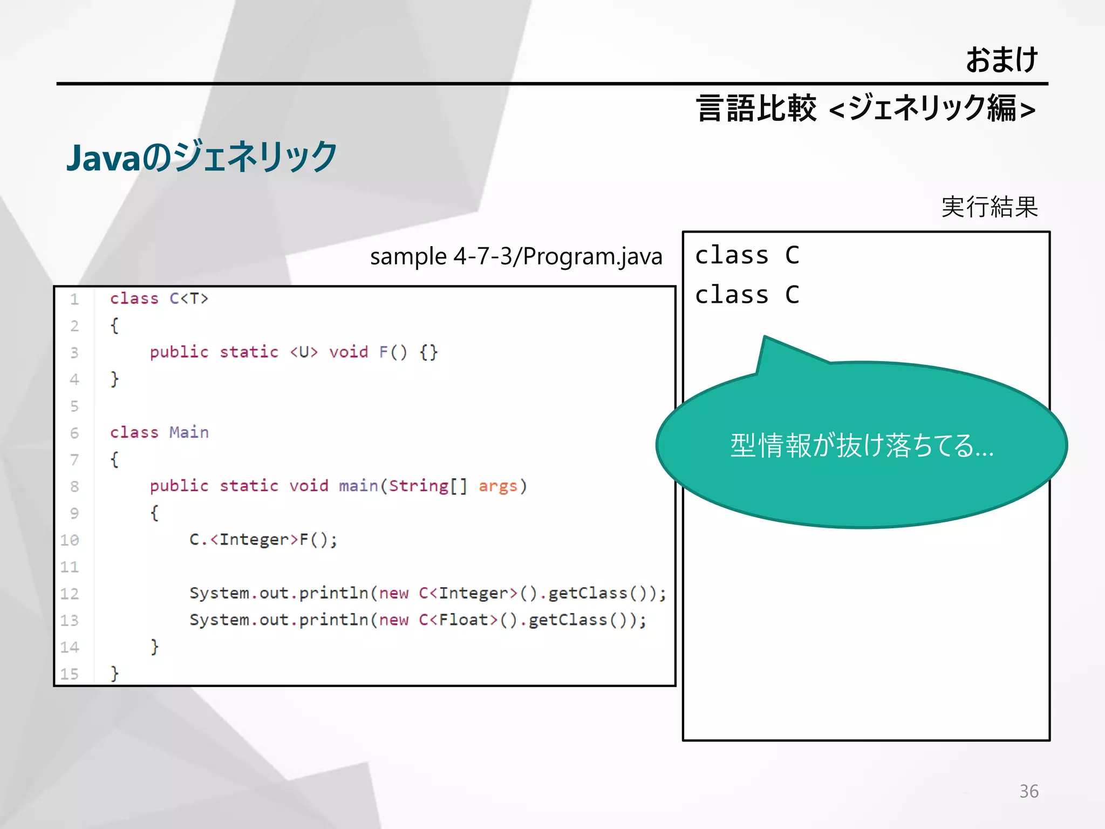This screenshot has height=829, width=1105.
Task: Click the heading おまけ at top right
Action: click(1001, 59)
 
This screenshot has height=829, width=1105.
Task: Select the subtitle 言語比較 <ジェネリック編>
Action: click(865, 108)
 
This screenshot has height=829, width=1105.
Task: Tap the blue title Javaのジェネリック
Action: click(202, 157)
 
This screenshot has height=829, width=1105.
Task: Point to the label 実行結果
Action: click(990, 207)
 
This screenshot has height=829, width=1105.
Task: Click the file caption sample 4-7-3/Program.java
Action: click(516, 256)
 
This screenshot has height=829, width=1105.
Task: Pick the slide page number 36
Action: click(1028, 791)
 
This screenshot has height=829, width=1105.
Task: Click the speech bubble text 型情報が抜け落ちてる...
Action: click(861, 446)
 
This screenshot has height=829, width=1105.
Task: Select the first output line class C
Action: click(747, 255)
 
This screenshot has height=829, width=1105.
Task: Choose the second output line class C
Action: click(747, 295)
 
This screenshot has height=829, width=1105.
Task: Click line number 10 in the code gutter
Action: click(70, 540)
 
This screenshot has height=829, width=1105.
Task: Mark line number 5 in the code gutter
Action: click(74, 406)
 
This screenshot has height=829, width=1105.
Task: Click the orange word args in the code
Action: click(497, 486)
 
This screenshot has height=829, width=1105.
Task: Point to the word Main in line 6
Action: click(189, 432)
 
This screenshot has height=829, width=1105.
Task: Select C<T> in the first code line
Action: click(189, 298)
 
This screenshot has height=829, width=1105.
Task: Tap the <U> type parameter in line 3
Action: click(304, 352)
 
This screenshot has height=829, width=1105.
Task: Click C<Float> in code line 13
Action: click(458, 620)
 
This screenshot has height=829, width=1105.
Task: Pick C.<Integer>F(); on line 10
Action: click(263, 540)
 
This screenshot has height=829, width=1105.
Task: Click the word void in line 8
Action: click(309, 486)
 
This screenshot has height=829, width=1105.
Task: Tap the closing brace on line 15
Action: click(114, 673)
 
